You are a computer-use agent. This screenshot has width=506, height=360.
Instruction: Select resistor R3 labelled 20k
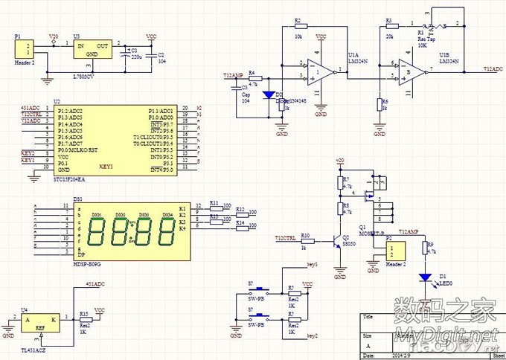[x=389, y=28]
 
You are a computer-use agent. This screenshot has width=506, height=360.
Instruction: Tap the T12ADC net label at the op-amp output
[x=493, y=68]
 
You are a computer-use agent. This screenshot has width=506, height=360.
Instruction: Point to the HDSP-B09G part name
[x=88, y=264]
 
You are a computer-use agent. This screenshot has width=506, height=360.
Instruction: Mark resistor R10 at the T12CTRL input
[x=305, y=239]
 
